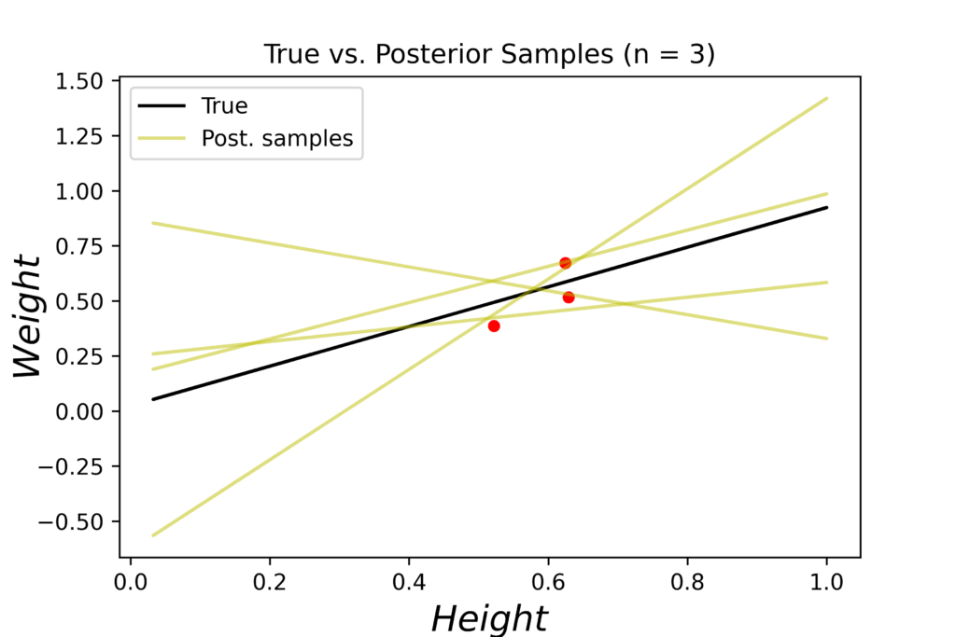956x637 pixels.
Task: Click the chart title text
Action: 489,54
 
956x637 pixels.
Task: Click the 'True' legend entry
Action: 224,105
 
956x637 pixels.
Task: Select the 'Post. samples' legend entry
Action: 277,139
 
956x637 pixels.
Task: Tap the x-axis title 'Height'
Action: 489,617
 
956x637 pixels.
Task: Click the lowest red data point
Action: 494,325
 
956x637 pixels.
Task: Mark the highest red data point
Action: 565,263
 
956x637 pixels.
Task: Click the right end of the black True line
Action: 827,207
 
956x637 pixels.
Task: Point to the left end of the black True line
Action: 152,399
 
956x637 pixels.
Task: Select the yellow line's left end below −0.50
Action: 152,535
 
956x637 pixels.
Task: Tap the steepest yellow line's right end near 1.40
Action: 827,98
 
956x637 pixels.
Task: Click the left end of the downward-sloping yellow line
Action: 152,223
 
